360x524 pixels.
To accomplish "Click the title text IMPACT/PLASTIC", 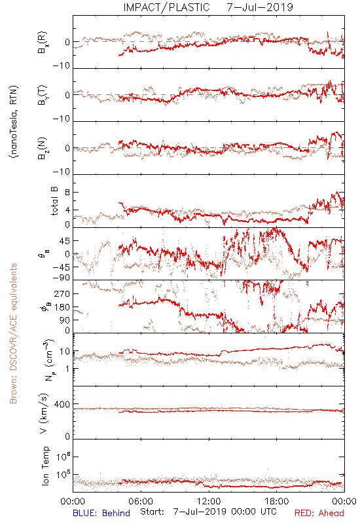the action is (x=166, y=7).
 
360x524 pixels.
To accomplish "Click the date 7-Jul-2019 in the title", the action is (x=260, y=7).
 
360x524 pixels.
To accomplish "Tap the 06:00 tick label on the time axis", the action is (x=141, y=501).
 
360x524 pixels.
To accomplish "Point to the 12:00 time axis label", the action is (x=209, y=501).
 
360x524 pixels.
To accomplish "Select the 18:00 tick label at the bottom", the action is (x=277, y=501).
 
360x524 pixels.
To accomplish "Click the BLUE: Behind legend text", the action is (x=101, y=513).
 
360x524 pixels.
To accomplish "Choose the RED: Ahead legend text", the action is (x=319, y=513).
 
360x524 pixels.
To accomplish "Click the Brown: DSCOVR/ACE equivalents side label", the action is (x=13, y=333).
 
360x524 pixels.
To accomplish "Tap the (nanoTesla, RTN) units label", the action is (x=14, y=121).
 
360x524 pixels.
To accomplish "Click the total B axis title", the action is (x=54, y=201).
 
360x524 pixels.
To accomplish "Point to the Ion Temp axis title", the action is (x=45, y=466).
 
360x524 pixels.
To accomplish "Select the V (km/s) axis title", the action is (x=44, y=413).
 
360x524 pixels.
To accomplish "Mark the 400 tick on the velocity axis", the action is (x=62, y=404).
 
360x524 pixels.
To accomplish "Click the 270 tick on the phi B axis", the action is (x=62, y=294).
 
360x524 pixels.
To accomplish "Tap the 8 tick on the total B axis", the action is (x=67, y=193).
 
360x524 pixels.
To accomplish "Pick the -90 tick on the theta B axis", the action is (x=61, y=278).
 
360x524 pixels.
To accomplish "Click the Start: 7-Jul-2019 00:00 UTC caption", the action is (x=208, y=512).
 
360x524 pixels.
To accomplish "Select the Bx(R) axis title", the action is (x=43, y=42).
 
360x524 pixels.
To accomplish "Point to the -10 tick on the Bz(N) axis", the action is (x=62, y=172).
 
